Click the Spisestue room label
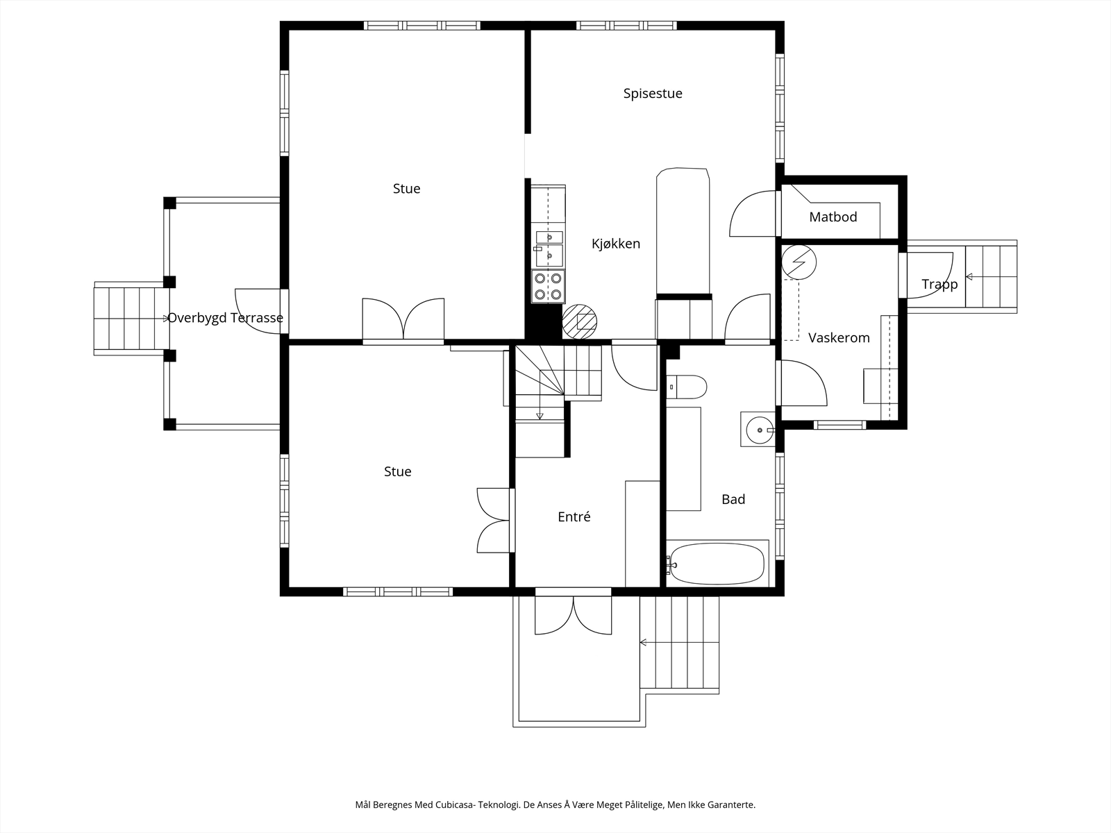point(653,94)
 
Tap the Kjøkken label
point(615,244)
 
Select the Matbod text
point(833,217)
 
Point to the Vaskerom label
point(839,338)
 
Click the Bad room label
point(733,499)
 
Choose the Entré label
point(574,516)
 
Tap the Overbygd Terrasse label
point(225,318)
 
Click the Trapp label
point(939,284)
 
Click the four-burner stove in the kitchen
point(548,286)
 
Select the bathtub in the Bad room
point(716,563)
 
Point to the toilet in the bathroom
point(686,387)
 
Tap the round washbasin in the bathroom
point(759,430)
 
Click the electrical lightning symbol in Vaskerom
point(799,262)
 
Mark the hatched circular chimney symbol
point(580,321)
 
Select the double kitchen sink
point(549,249)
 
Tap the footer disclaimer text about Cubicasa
point(555,805)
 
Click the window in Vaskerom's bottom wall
point(839,425)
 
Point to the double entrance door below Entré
point(573,614)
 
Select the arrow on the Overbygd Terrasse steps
point(166,319)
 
